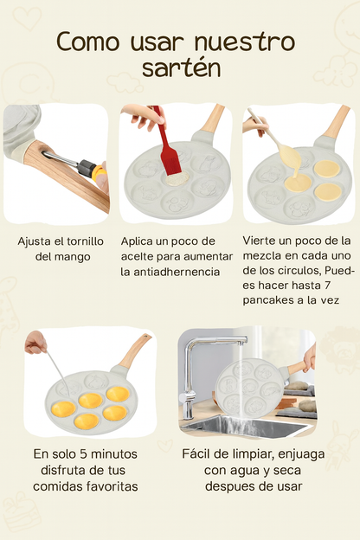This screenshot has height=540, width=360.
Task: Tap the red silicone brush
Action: [164, 147]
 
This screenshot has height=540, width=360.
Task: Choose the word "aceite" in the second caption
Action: [142, 256]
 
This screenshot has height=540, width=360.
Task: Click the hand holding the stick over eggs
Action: [35, 344]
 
